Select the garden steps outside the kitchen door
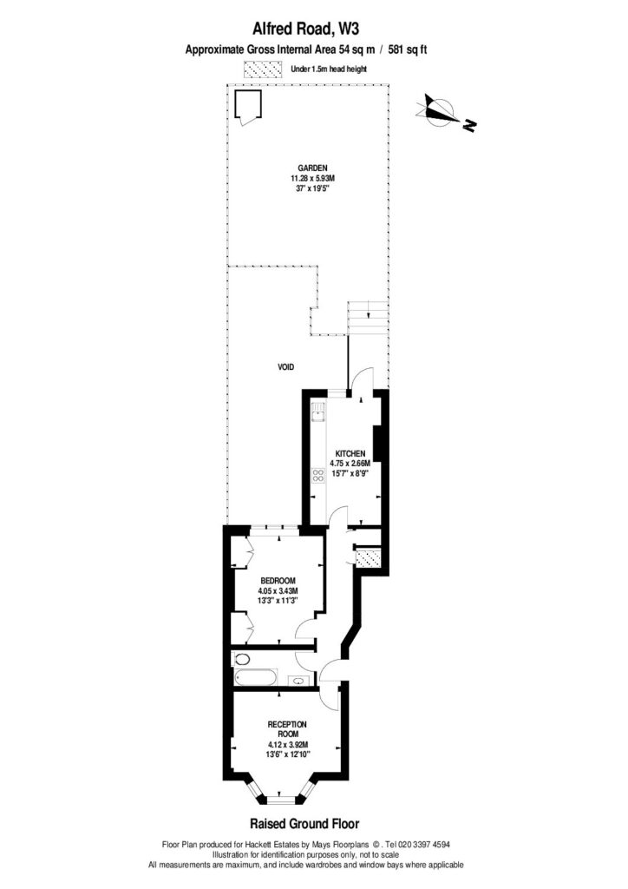pos(366,320)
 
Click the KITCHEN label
pos(351,454)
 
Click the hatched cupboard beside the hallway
pos(370,558)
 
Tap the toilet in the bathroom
pos(242,660)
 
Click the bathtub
pos(257,677)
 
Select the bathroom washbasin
pos(298,681)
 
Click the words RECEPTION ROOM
pos(286,728)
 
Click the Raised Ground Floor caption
pos(304,823)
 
